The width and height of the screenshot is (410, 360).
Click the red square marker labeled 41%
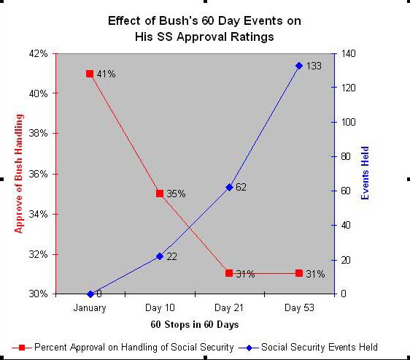pyautogui.click(x=90, y=74)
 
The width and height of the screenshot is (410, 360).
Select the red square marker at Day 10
pyautogui.click(x=160, y=194)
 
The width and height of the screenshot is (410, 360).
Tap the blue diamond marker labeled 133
pyautogui.click(x=299, y=66)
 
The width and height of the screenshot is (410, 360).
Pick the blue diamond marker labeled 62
pyautogui.click(x=229, y=188)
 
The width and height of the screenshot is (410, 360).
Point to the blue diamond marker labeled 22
pyautogui.click(x=160, y=256)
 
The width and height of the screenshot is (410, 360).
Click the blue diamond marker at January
pyautogui.click(x=90, y=294)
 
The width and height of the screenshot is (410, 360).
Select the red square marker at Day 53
pyautogui.click(x=299, y=273)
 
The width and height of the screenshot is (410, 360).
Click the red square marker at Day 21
pyautogui.click(x=229, y=273)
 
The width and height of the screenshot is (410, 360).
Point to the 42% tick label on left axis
pyautogui.click(x=38, y=54)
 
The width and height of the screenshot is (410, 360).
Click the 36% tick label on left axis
pyautogui.click(x=38, y=174)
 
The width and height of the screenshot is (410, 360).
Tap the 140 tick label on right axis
pyautogui.click(x=349, y=54)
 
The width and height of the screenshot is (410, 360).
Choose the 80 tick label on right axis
pyautogui.click(x=346, y=156)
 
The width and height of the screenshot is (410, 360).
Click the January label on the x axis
pyautogui.click(x=90, y=308)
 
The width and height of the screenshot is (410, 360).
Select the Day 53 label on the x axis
pyautogui.click(x=299, y=307)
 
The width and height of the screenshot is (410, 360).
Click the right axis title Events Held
pyautogui.click(x=365, y=173)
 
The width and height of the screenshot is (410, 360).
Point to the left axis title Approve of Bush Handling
pyautogui.click(x=19, y=174)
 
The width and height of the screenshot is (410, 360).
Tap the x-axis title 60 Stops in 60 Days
pyautogui.click(x=195, y=325)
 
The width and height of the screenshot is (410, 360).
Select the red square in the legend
pyautogui.click(x=22, y=348)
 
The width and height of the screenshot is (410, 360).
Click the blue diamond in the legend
pyautogui.click(x=249, y=348)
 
